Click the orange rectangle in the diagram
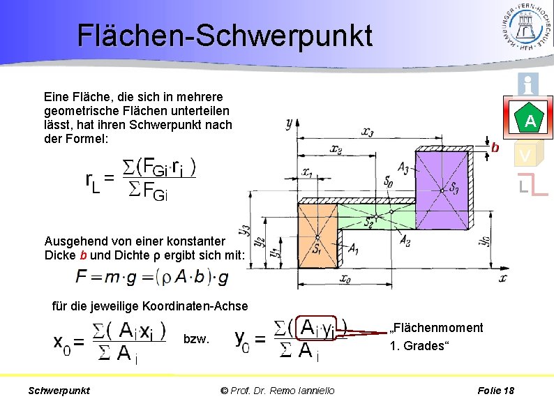click(x=317, y=234)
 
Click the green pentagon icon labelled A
click(x=530, y=120)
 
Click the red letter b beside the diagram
click(x=495, y=147)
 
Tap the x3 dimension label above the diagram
click(x=367, y=131)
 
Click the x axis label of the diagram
click(x=502, y=278)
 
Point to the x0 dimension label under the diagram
click(x=345, y=278)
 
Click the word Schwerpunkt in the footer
click(x=59, y=391)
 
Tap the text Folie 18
click(x=495, y=391)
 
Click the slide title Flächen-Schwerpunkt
click(x=225, y=36)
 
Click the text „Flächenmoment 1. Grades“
click(x=436, y=336)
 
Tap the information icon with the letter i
click(x=528, y=85)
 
